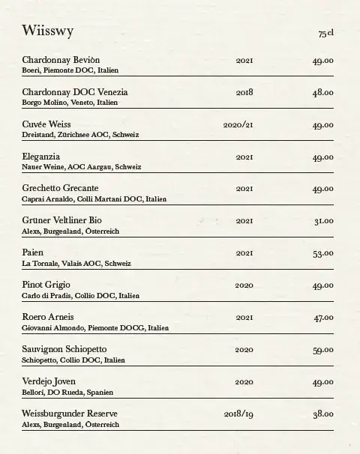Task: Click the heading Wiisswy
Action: click(x=47, y=31)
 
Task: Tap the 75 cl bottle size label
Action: click(x=325, y=34)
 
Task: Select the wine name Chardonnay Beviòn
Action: click(x=61, y=59)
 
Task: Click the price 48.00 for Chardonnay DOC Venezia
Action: click(x=323, y=92)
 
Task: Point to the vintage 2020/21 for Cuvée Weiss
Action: click(x=238, y=124)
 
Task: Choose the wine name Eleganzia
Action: click(x=41, y=157)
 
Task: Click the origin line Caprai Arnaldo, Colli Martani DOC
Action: click(x=94, y=199)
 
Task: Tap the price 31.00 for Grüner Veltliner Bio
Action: click(x=324, y=221)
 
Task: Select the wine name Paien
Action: click(x=33, y=253)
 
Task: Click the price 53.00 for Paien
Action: click(x=323, y=253)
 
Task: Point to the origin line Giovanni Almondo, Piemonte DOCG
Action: click(x=95, y=328)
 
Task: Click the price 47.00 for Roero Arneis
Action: click(x=323, y=318)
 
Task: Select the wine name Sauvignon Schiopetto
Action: click(x=64, y=350)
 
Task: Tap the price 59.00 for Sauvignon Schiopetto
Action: click(x=323, y=350)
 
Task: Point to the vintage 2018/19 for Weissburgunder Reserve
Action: click(x=238, y=414)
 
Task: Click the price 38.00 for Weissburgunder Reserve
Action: click(x=323, y=414)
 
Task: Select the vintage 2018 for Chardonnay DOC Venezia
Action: click(x=244, y=92)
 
